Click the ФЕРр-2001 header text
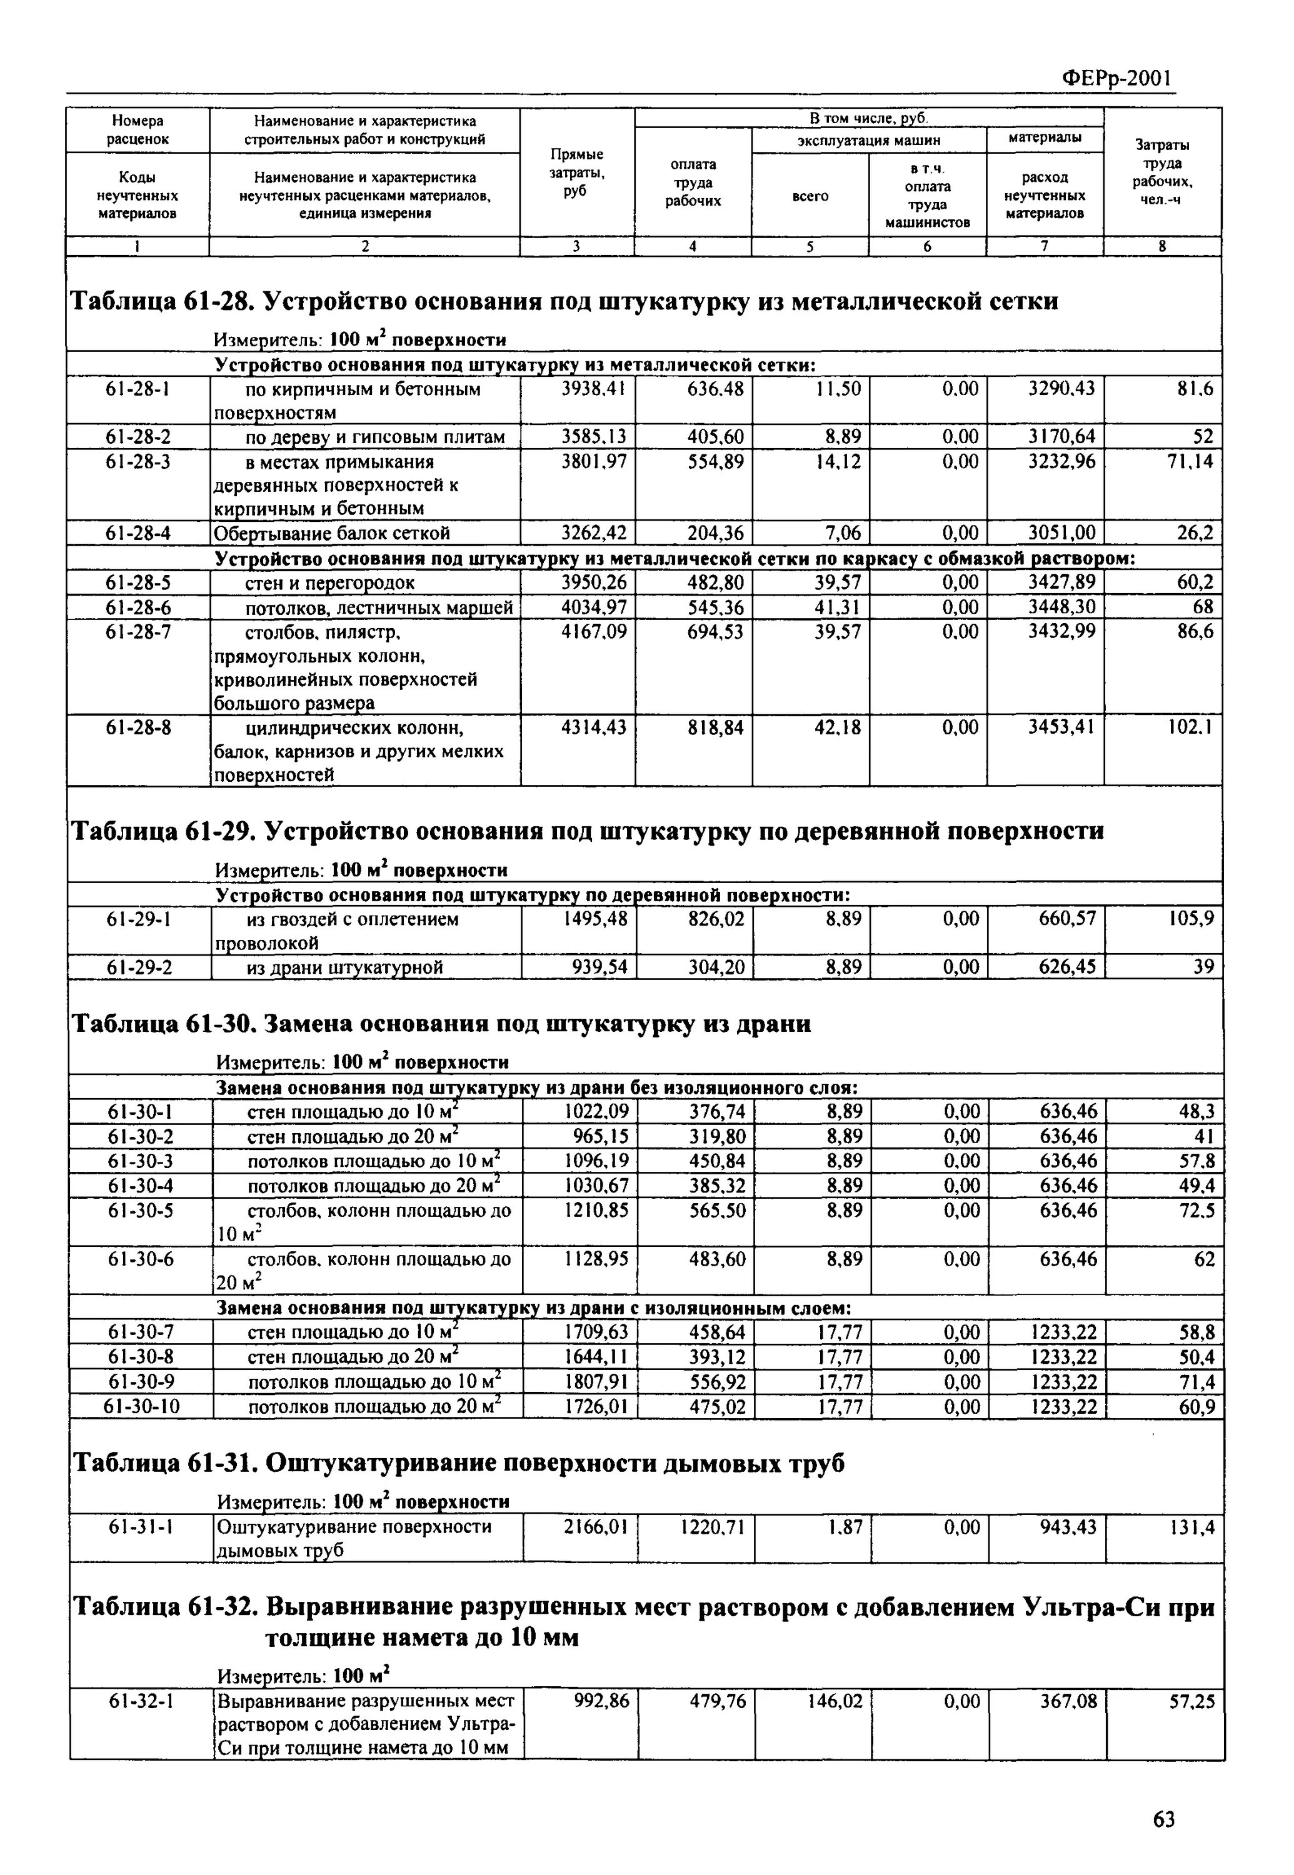[1117, 78]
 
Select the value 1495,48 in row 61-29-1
[595, 919]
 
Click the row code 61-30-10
[141, 1406]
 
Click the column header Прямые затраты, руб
[576, 172]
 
